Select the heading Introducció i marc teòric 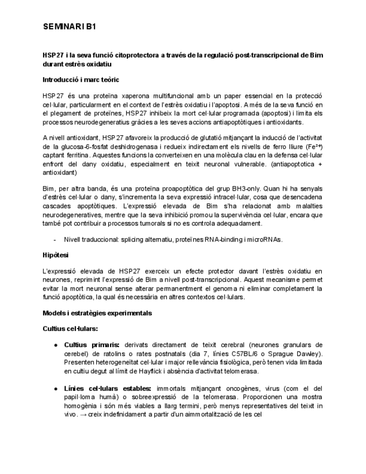point(80,80)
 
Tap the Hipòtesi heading point(55,254)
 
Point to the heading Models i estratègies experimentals point(97,313)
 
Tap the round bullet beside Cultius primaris point(56,345)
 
